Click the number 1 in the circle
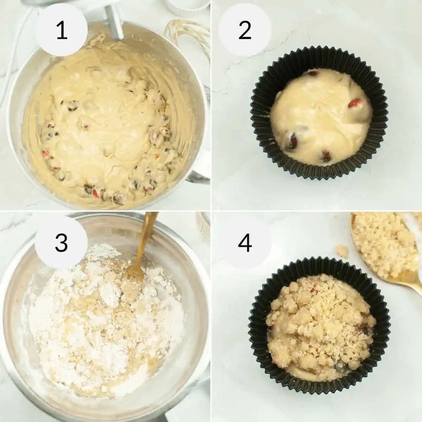62,31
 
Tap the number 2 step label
245,31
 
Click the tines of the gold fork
134,273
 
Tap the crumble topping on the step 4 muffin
316,316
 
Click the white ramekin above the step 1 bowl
186,5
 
